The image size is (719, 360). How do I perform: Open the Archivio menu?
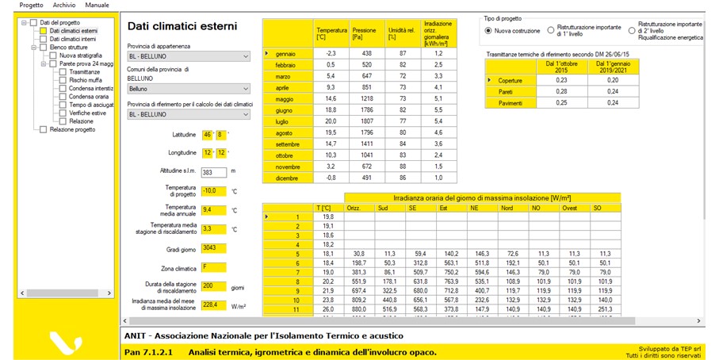tap(64, 5)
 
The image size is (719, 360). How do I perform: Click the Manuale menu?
tap(97, 5)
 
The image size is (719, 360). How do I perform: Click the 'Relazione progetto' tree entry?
tap(72, 129)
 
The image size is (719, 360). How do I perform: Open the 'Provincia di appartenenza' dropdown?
tap(188, 56)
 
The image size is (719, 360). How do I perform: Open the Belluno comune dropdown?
tap(188, 90)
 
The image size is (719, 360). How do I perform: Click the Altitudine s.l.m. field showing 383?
tap(214, 171)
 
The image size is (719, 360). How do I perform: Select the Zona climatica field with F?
tap(214, 268)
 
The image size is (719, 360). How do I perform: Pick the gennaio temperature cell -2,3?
tap(331, 53)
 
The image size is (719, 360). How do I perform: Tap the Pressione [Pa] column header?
tap(366, 32)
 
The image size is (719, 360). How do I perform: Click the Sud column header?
tap(392, 208)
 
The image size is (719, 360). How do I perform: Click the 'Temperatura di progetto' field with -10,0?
tap(214, 191)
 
